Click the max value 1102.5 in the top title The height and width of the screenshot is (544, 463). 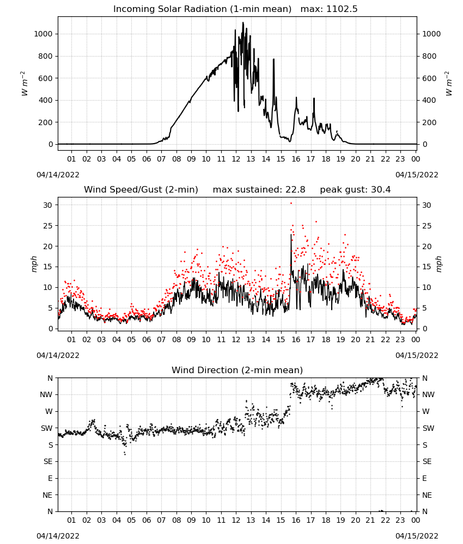coord(342,9)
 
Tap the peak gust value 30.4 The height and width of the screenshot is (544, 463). coord(380,190)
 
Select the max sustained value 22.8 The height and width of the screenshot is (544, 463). coord(295,190)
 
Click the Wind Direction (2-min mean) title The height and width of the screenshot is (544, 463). coord(237,370)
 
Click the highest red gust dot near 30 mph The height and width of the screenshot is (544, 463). coord(291,203)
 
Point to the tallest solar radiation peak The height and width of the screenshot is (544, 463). coord(243,23)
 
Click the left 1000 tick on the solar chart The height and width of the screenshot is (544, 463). coord(43,34)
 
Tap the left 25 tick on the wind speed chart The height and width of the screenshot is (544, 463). coord(48,226)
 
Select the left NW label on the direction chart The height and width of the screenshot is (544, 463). coord(46,395)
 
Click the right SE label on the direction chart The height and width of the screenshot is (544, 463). coord(427,462)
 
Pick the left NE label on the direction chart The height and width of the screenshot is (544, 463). coord(47,495)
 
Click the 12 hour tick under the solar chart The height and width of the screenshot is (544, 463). coord(236,159)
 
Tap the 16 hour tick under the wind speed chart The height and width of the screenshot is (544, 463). coord(296,339)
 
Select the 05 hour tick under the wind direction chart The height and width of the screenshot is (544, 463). coord(131,520)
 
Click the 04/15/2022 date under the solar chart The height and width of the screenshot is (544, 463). coord(417,175)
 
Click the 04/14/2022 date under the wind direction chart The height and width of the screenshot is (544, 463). coord(58,536)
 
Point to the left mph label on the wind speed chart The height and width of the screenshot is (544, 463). coord(34,264)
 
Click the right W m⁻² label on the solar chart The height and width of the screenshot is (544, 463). coord(448,84)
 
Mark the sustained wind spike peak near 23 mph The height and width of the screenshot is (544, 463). coord(291,235)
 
